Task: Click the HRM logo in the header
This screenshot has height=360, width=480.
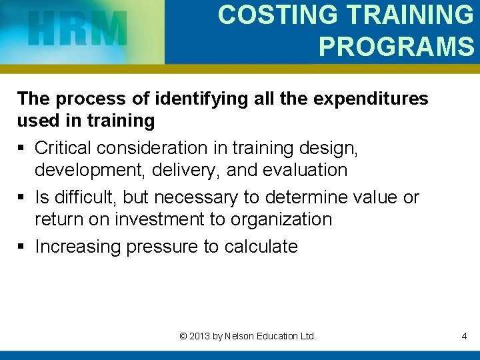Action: pos(78,29)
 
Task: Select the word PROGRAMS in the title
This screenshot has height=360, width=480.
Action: pos(396,45)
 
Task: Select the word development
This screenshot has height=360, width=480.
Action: pos(91,170)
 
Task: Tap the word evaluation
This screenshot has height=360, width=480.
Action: pos(304,170)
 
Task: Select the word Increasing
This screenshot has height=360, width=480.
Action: pos(79,247)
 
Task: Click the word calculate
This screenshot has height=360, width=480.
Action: pos(261,247)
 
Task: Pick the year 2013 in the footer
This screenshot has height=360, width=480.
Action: pos(200,336)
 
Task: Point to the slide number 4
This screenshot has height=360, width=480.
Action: pos(464,336)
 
